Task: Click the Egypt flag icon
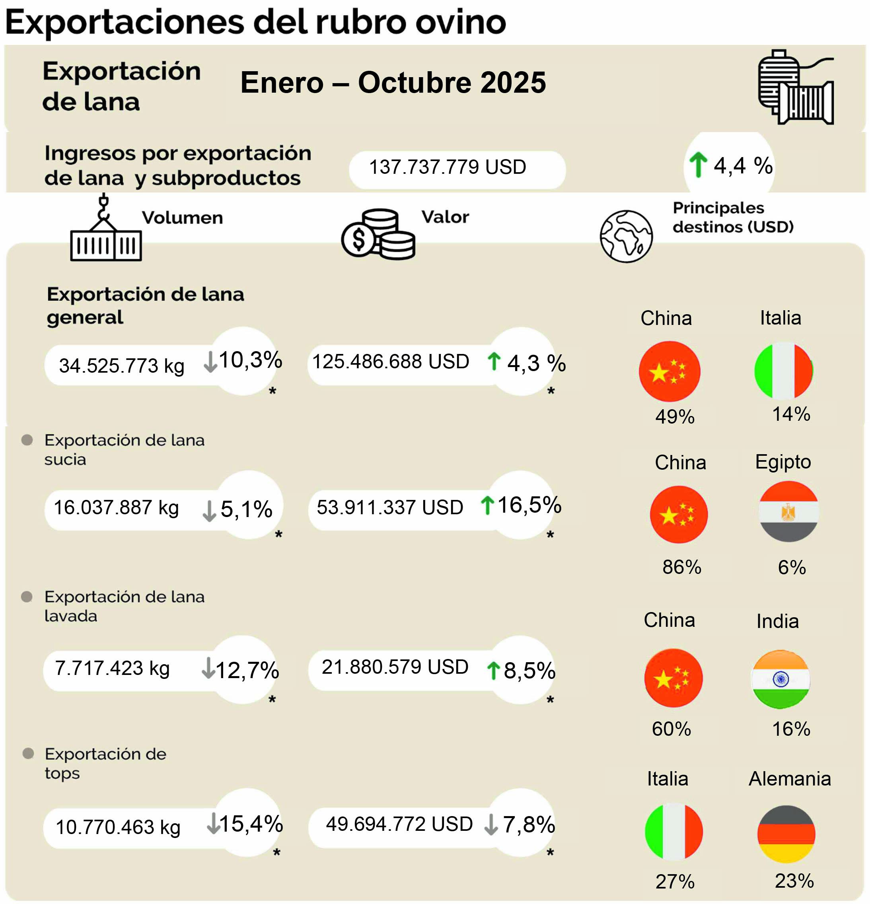788,511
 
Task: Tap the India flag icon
780,679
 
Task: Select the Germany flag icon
786,834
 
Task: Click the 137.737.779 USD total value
448,167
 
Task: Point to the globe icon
626,236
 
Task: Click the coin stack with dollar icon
378,234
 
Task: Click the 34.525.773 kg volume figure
122,366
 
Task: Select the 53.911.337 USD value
390,507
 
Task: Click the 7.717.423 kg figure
112,668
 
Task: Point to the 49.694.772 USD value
399,824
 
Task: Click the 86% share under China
681,567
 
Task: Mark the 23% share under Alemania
794,881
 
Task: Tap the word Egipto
783,462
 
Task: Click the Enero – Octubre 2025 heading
393,83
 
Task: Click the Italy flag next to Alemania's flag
673,832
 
